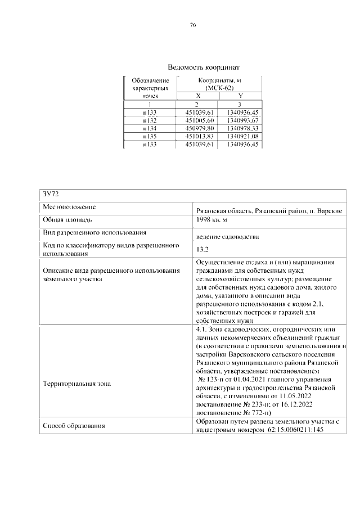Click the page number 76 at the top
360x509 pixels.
pyautogui.click(x=192, y=25)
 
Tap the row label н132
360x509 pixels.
pyautogui.click(x=150, y=120)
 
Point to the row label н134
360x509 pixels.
pyautogui.click(x=150, y=128)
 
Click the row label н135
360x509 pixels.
pyautogui.click(x=150, y=136)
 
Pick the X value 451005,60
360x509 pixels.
pyautogui.click(x=198, y=120)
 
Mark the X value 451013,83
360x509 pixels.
pyautogui.click(x=198, y=136)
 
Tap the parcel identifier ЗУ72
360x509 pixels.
pyautogui.click(x=51, y=194)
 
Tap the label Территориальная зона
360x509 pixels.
pyautogui.click(x=77, y=384)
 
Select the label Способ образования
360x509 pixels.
pyautogui.click(x=74, y=426)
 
